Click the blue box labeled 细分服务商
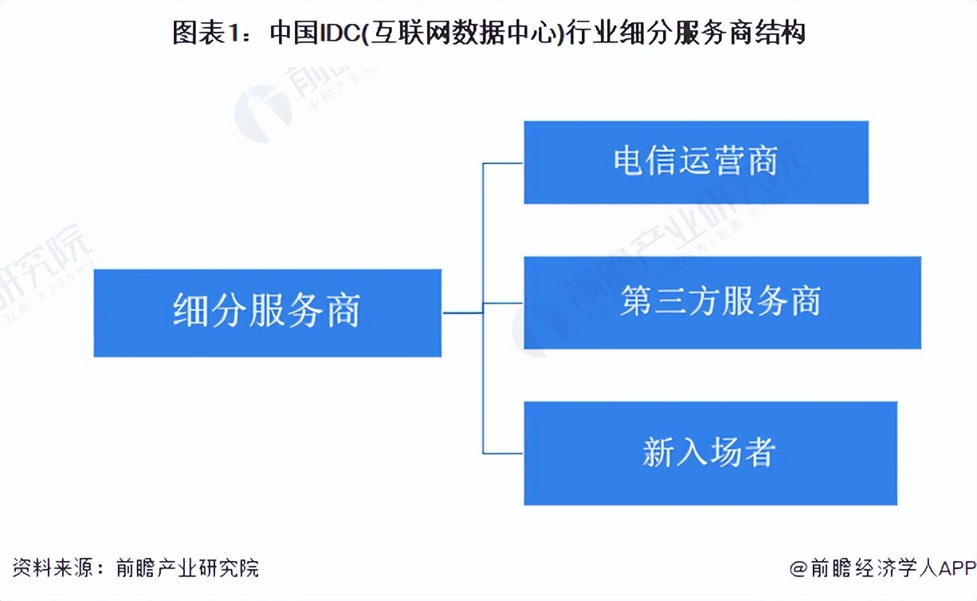coord(267,312)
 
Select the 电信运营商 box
coord(696,163)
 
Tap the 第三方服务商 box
coord(721,303)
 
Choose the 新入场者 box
coord(710,453)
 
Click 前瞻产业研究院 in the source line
coord(187,568)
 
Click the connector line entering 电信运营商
coord(504,163)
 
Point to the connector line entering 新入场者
coord(504,454)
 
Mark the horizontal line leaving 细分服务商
coord(462,312)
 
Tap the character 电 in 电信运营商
coord(629,163)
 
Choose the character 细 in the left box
coord(189,312)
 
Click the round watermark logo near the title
coord(264,112)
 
